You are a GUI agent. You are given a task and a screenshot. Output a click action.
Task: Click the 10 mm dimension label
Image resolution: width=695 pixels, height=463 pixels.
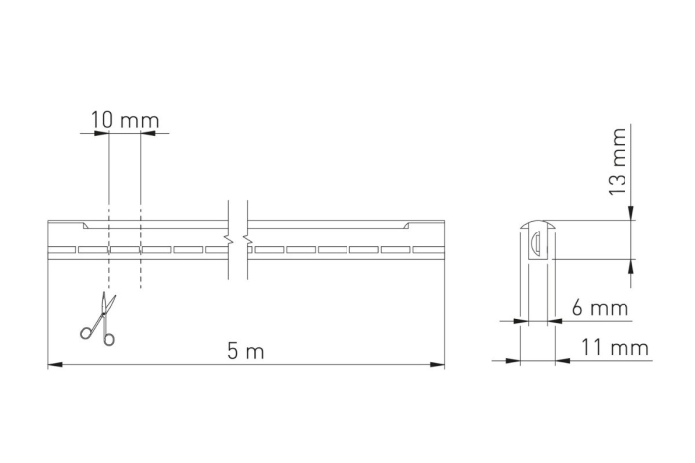(125, 120)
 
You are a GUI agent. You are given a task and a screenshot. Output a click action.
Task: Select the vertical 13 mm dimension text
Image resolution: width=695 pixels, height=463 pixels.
(618, 160)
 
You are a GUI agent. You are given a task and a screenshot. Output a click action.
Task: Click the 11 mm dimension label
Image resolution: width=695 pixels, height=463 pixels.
(616, 347)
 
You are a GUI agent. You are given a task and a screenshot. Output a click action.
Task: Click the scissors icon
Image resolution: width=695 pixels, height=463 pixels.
(99, 319)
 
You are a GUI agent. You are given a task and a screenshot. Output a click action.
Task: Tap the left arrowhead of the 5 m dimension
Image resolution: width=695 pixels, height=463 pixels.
(54, 365)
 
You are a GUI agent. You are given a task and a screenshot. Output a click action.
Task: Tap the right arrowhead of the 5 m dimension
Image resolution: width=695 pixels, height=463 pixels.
(438, 365)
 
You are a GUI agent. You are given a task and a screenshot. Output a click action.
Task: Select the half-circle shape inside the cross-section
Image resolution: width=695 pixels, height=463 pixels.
(535, 239)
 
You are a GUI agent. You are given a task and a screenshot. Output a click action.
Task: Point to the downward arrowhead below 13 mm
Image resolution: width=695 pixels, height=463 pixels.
(632, 213)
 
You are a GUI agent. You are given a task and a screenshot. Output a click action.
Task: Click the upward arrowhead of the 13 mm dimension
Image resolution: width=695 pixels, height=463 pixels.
(632, 265)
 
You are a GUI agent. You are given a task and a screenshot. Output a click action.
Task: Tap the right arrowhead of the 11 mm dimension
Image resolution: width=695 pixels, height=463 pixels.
(561, 360)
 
